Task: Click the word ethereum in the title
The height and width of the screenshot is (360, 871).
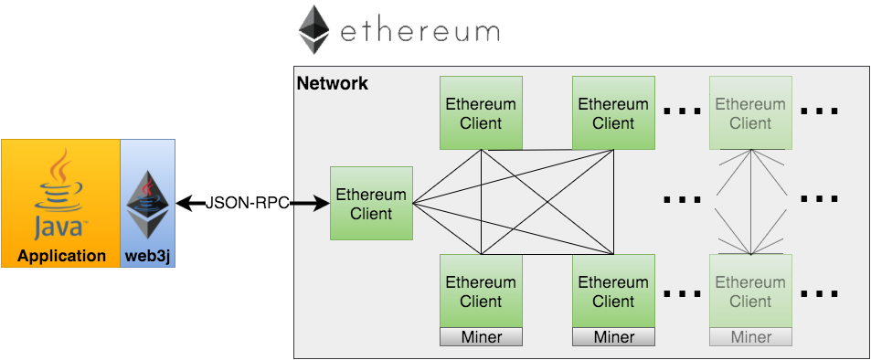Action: [x=420, y=33]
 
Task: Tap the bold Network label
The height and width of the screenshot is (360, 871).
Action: [x=333, y=84]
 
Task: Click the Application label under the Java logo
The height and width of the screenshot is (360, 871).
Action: [x=61, y=256]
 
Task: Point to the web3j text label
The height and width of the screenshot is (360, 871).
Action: [x=148, y=256]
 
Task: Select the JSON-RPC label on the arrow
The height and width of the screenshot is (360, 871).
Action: [x=247, y=204]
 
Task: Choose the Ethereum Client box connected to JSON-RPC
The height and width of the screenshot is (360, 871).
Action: [x=371, y=204]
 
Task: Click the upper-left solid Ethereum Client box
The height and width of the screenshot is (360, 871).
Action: [x=481, y=113]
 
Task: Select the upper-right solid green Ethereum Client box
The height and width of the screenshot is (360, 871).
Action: [x=613, y=113]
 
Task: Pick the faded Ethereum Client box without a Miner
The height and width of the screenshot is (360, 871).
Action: [x=750, y=113]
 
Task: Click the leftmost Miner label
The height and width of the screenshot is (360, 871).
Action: [x=481, y=337]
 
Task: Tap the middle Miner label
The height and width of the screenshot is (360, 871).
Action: [x=613, y=337]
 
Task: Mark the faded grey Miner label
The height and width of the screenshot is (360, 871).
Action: [x=750, y=337]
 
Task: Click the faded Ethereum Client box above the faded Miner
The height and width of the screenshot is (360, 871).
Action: [x=750, y=291]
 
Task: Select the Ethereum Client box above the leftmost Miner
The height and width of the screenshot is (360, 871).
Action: [x=481, y=291]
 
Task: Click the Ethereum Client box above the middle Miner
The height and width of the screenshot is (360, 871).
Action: [x=613, y=291]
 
